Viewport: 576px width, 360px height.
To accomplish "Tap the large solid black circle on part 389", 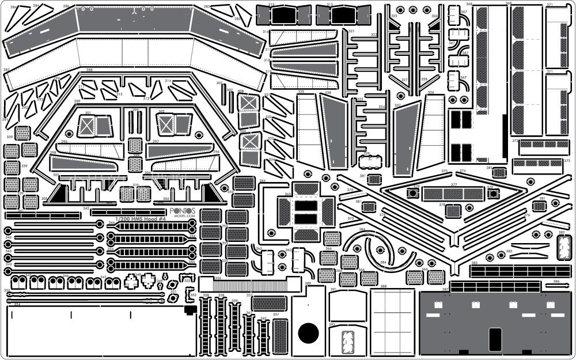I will [308, 332].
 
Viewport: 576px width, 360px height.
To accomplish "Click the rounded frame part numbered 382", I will [562, 243].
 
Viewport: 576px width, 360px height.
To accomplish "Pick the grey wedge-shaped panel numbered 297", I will [176, 151].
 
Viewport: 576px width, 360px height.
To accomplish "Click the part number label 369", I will [509, 4].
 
